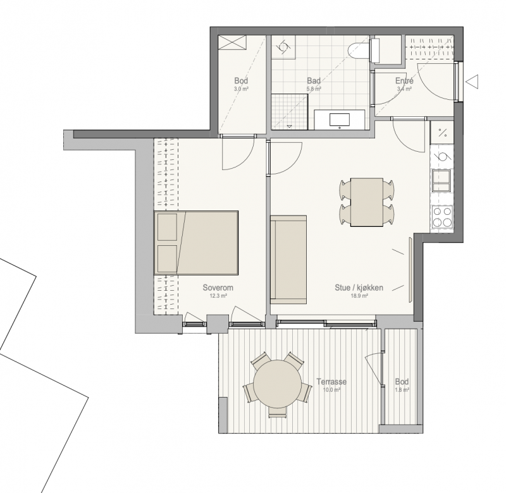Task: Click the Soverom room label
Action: click(218, 288)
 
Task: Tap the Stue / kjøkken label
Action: click(359, 288)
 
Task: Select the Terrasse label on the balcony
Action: click(331, 382)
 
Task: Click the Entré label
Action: click(404, 81)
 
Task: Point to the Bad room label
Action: click(314, 81)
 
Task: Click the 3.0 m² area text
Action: click(241, 89)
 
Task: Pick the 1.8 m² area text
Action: click(402, 390)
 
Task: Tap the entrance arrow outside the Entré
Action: click(472, 82)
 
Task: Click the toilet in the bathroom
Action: click(364, 51)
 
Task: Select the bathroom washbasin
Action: click(340, 119)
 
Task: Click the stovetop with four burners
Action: click(442, 217)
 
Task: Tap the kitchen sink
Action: click(441, 181)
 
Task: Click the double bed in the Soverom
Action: click(196, 243)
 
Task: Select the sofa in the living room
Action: click(288, 260)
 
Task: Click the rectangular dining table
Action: click(367, 202)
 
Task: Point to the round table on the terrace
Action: click(277, 384)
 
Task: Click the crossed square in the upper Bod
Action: click(232, 42)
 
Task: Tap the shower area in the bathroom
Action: click(289, 112)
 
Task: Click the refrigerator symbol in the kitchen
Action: click(442, 133)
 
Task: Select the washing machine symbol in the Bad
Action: click(283, 47)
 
